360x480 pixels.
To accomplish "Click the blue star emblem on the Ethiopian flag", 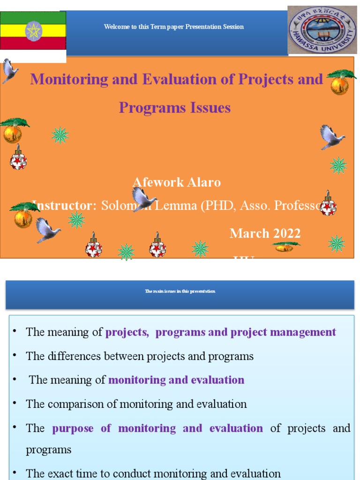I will pos(33,31).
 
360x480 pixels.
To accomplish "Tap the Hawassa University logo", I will pos(322,30).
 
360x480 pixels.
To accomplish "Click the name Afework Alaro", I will pos(176,182).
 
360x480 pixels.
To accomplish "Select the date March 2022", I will pos(265,233).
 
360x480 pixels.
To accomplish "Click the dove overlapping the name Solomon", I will pos(143,199).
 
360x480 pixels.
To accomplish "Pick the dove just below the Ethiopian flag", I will pos(9,70).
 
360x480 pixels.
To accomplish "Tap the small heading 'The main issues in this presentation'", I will pos(180,292).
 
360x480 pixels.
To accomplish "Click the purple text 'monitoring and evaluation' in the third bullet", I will pos(176,380).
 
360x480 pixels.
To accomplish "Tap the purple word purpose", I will pos(73,428).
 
